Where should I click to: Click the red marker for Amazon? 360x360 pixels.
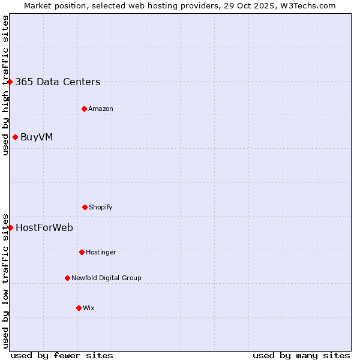click(x=84, y=109)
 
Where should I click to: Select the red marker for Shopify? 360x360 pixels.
click(x=85, y=207)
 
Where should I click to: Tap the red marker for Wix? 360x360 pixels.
click(x=79, y=308)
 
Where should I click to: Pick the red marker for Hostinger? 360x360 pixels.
click(x=82, y=252)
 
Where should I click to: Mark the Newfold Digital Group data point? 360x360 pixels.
click(x=67, y=278)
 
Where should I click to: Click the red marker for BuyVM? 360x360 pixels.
click(x=15, y=137)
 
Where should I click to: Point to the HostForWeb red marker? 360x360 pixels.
click(x=10, y=227)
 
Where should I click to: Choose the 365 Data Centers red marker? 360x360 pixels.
click(x=10, y=82)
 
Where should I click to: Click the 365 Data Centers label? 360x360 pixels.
click(x=58, y=82)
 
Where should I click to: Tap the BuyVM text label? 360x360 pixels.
click(x=37, y=137)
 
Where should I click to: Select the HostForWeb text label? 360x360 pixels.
click(x=44, y=228)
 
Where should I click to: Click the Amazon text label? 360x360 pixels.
click(x=101, y=109)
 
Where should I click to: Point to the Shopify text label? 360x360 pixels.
click(x=101, y=208)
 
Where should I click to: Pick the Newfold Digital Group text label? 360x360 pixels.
click(x=106, y=278)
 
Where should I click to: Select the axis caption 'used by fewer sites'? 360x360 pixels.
click(x=62, y=355)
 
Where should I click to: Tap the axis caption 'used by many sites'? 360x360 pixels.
click(x=301, y=355)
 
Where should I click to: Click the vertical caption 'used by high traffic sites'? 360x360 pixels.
click(x=5, y=85)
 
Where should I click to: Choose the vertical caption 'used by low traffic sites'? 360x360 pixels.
click(x=5, y=281)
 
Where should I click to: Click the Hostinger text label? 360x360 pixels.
click(x=101, y=253)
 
